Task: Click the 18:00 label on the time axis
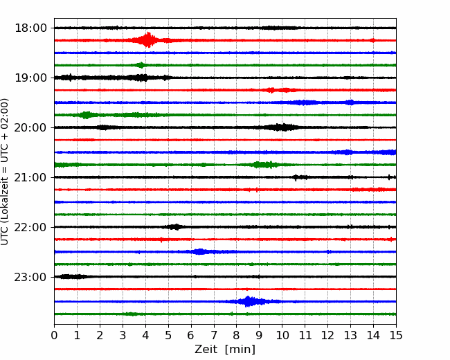(x=30, y=28)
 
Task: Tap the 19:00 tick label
(x=30, y=78)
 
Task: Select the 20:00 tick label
(x=30, y=127)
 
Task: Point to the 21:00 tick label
(x=30, y=177)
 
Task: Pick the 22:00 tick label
(x=30, y=227)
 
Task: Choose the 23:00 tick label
(x=30, y=277)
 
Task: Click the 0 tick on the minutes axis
(x=54, y=335)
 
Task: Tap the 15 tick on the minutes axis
(x=396, y=335)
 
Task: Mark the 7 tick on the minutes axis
(x=214, y=335)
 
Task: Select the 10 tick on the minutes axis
(x=282, y=335)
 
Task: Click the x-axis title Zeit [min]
(x=225, y=349)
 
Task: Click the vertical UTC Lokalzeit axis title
(x=5, y=172)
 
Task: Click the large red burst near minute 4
(x=147, y=40)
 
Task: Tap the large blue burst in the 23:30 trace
(x=247, y=301)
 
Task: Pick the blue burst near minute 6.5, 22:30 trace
(x=199, y=252)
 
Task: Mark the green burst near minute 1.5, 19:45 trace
(x=86, y=115)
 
